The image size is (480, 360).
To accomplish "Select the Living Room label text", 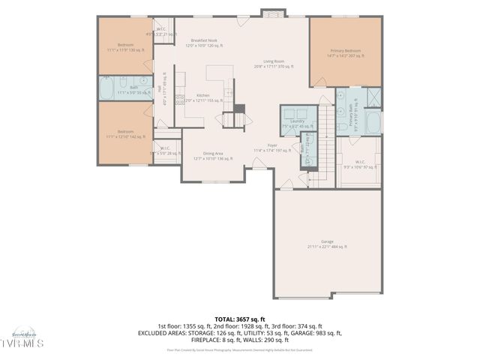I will point(273,64).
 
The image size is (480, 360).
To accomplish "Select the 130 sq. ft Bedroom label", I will point(124,47).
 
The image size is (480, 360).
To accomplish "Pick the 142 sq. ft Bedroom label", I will point(124,134).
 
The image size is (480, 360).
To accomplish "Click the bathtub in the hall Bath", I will point(106,88).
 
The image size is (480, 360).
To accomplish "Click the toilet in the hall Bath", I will point(142,81).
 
